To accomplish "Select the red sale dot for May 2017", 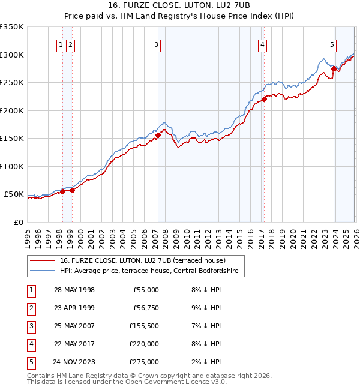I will pyautogui.click(x=264, y=100).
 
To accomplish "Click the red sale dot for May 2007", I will pyautogui.click(x=158, y=136).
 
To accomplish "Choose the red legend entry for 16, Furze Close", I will pyautogui.click(x=143, y=260).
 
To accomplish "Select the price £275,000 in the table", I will pyautogui.click(x=143, y=362).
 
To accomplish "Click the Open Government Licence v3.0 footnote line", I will pyautogui.click(x=126, y=382).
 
